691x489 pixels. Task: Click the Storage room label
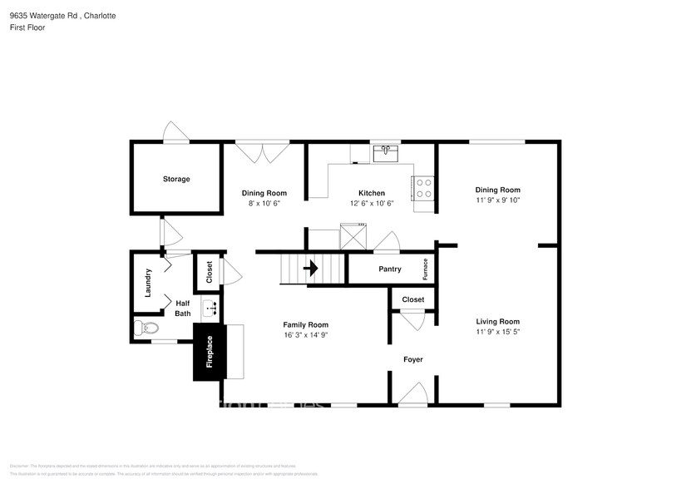176,179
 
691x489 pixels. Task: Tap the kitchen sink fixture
385,153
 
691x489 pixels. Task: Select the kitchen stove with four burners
424,188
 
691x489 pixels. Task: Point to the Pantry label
390,269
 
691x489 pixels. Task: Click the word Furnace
426,269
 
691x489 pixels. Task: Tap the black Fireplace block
209,352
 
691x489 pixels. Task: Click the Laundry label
148,282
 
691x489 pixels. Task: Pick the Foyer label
413,359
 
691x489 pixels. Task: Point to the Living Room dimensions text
498,332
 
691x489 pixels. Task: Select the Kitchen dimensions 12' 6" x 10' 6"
372,203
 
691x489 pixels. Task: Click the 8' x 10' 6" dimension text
264,203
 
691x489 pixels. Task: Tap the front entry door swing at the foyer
413,394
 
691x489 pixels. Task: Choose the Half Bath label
182,309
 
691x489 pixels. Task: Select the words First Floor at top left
28,27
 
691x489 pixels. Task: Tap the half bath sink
211,308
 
